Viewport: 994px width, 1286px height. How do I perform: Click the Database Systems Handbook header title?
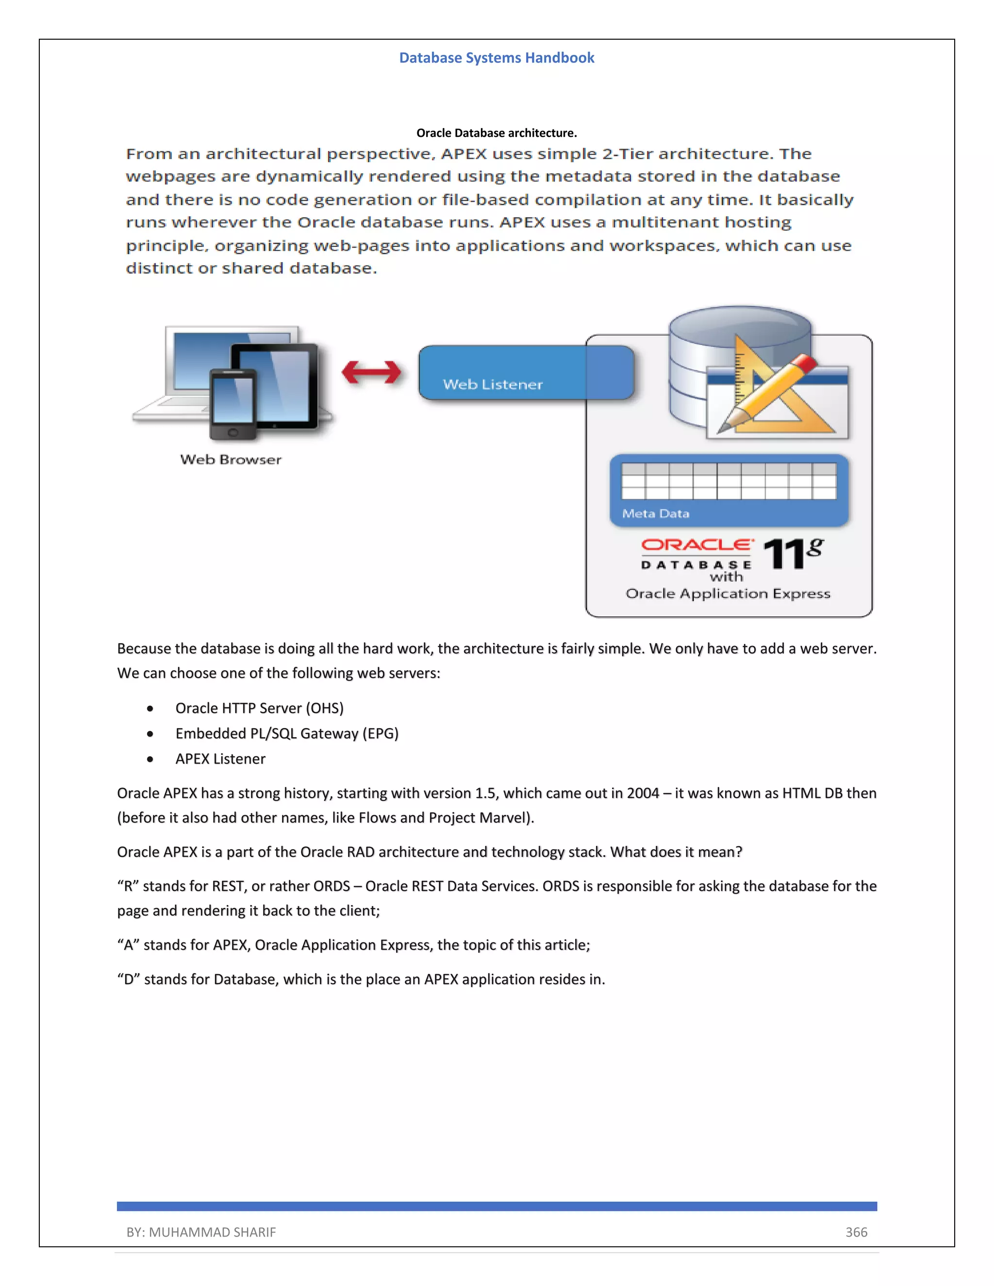pyautogui.click(x=497, y=58)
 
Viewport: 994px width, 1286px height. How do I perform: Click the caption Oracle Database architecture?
pyautogui.click(x=497, y=133)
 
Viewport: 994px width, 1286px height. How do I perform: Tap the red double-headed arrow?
pyautogui.click(x=372, y=372)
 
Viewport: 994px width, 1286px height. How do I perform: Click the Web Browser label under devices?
pyautogui.click(x=231, y=460)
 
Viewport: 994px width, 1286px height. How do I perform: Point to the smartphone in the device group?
pyautogui.click(x=232, y=405)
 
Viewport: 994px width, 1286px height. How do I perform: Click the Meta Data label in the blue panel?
pyautogui.click(x=655, y=513)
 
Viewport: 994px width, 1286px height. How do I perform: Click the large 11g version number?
pyautogui.click(x=792, y=554)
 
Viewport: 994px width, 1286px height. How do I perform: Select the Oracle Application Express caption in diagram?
pyautogui.click(x=728, y=594)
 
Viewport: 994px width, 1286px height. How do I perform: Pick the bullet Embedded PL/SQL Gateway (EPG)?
pyautogui.click(x=287, y=733)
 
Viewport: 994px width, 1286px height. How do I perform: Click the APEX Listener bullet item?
pyautogui.click(x=220, y=758)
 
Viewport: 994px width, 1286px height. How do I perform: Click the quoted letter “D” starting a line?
pyautogui.click(x=127, y=979)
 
